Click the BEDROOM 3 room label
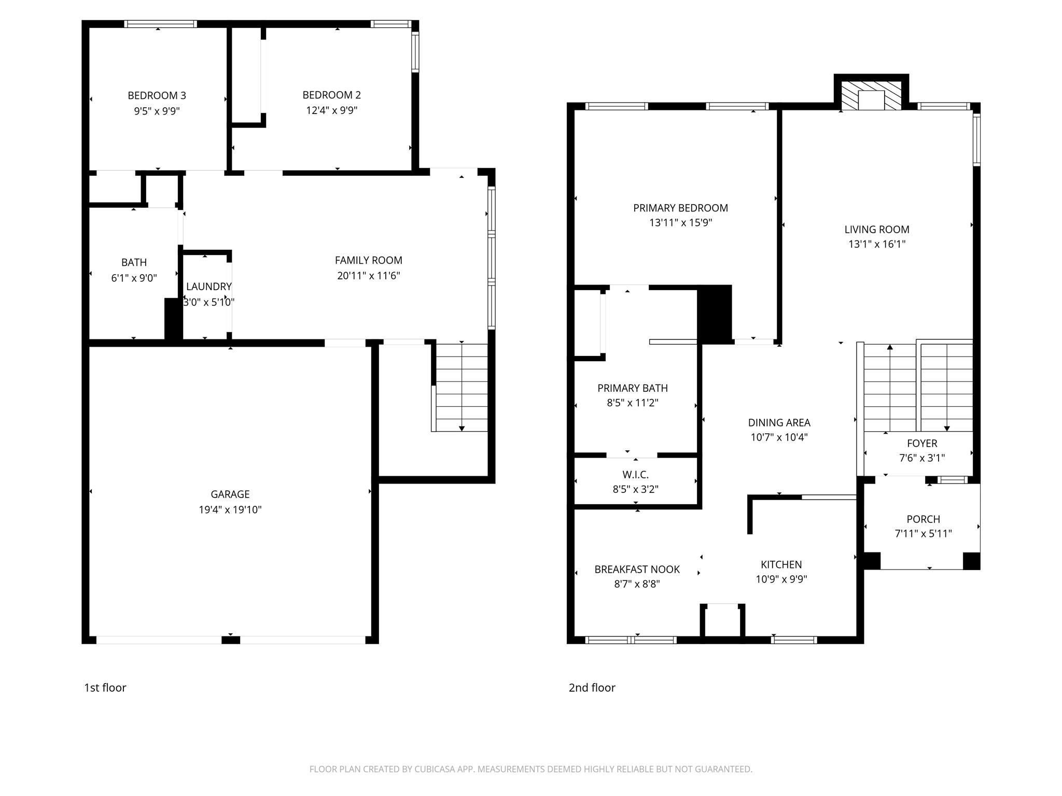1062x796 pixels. pos(157,95)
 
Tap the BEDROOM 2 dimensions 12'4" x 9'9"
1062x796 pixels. pos(331,110)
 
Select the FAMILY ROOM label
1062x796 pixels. pos(368,260)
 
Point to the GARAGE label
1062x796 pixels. pos(230,494)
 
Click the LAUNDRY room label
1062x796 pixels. pos(208,287)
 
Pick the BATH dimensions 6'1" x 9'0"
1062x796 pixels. pos(134,278)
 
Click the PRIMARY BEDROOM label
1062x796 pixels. pos(680,208)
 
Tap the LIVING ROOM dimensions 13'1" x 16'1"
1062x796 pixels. pos(876,244)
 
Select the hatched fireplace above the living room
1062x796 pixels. pos(871,96)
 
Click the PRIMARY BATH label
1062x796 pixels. pos(632,388)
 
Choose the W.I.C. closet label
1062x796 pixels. pos(635,475)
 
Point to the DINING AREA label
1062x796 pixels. pos(779,423)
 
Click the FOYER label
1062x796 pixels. pos(922,444)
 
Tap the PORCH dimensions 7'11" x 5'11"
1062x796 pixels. pos(923,534)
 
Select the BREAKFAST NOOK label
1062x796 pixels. pos(637,570)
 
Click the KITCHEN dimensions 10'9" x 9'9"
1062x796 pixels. pos(781,579)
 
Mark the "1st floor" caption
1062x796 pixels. pos(105,688)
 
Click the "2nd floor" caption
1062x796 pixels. pos(592,688)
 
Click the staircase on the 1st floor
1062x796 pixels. pos(460,387)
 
